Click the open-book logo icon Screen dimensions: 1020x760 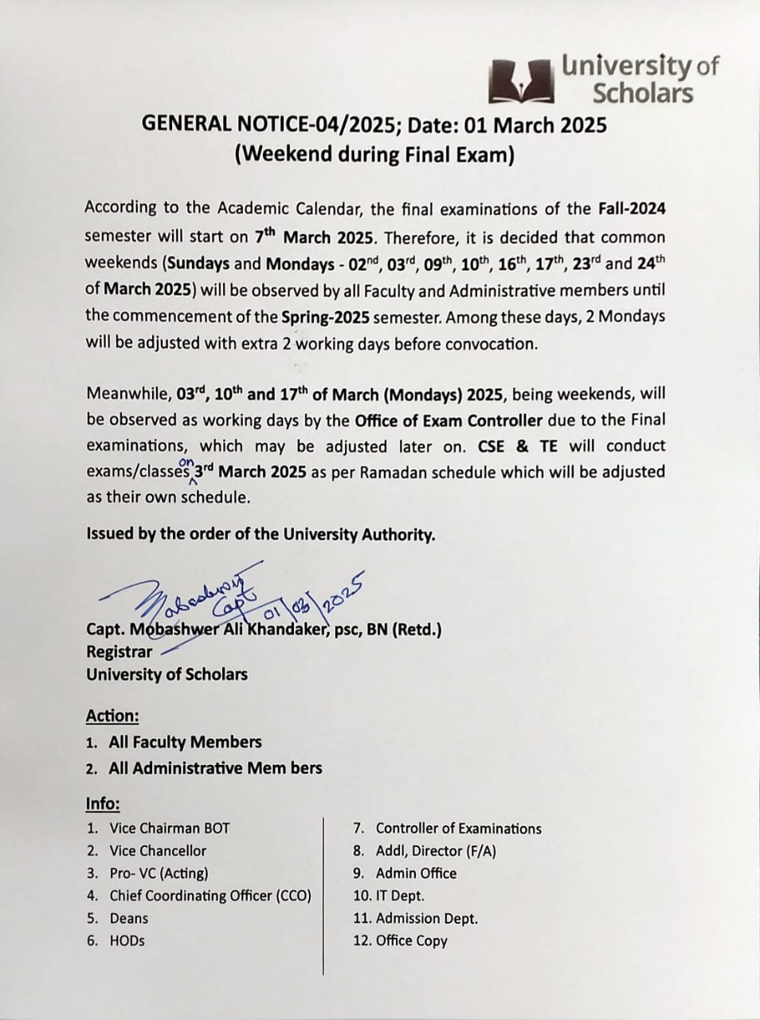(x=522, y=80)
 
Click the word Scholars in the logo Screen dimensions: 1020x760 (x=642, y=93)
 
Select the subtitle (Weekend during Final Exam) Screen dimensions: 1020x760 (x=374, y=154)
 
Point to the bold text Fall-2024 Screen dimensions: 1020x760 (x=631, y=209)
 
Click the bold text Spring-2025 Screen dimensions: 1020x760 (x=325, y=316)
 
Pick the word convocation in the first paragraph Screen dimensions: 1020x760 (x=490, y=344)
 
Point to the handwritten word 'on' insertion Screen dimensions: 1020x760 (x=187, y=461)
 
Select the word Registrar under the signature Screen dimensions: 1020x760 (x=119, y=652)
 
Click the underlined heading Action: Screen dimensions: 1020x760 (x=112, y=716)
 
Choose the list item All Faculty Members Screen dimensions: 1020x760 (x=185, y=742)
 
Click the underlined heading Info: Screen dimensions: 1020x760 (x=103, y=803)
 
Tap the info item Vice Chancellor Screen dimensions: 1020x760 (x=158, y=851)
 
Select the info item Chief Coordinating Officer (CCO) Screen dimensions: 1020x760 (x=210, y=896)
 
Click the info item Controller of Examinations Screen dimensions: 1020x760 (x=458, y=829)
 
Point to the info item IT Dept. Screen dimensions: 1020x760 (x=399, y=896)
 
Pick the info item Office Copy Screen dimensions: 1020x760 (x=411, y=940)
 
